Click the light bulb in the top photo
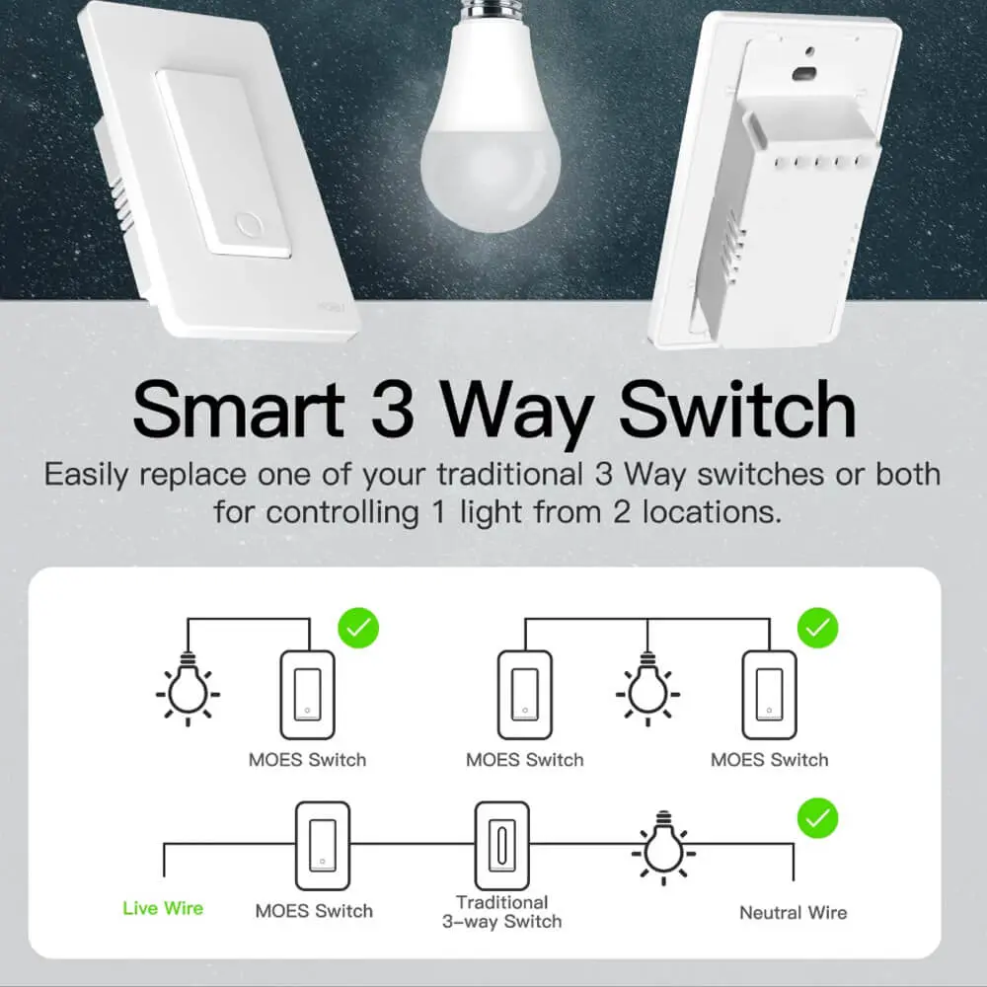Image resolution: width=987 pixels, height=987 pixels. click(491, 119)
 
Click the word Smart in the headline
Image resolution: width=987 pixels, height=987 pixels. click(239, 410)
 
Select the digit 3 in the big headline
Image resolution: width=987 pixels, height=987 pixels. click(393, 410)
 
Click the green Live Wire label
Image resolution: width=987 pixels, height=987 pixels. click(163, 908)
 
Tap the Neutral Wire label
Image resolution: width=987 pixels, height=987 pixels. click(794, 913)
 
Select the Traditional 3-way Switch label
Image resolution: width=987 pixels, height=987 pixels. click(501, 912)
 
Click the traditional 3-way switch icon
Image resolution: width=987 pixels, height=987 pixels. click(501, 846)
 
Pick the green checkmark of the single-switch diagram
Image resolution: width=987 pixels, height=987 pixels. click(358, 628)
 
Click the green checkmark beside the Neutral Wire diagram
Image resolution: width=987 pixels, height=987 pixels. click(817, 818)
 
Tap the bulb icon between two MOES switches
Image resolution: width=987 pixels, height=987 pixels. click(647, 690)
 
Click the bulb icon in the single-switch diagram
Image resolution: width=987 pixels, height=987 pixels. click(188, 690)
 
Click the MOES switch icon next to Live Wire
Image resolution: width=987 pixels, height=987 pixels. click(323, 846)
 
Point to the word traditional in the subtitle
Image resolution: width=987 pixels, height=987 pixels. click(510, 474)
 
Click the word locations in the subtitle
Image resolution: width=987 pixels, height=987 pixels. click(712, 512)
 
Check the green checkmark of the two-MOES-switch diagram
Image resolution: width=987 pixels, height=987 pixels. click(817, 628)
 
